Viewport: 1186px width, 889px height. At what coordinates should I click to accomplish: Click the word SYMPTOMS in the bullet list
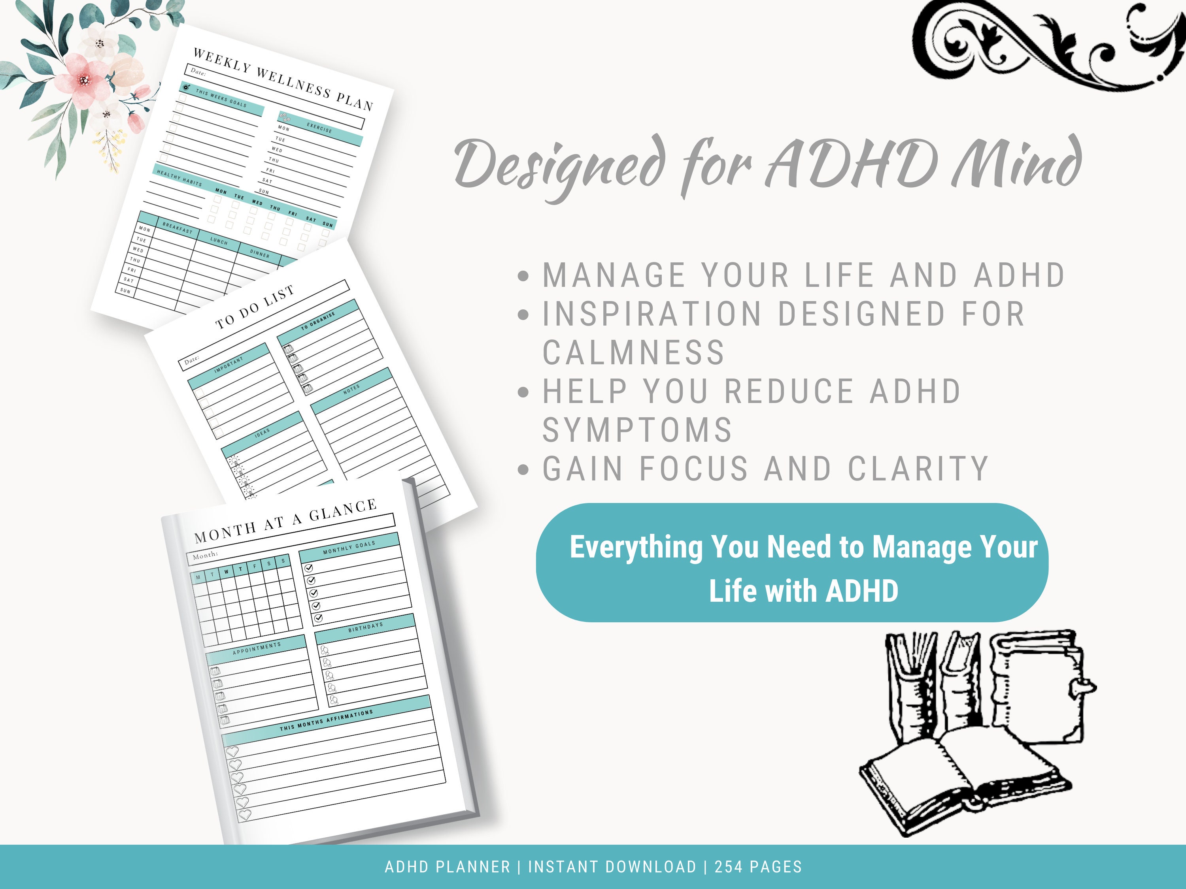point(637,430)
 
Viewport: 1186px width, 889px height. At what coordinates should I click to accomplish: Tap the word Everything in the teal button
point(635,547)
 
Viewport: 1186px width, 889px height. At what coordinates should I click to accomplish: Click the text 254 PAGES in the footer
point(758,867)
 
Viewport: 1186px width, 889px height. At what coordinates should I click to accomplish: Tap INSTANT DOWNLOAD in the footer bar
point(612,867)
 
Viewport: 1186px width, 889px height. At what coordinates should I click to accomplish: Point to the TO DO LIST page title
point(255,307)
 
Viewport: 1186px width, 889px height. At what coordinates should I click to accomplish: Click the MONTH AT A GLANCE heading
point(285,521)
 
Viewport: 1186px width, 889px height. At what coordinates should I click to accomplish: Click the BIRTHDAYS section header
point(366,627)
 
